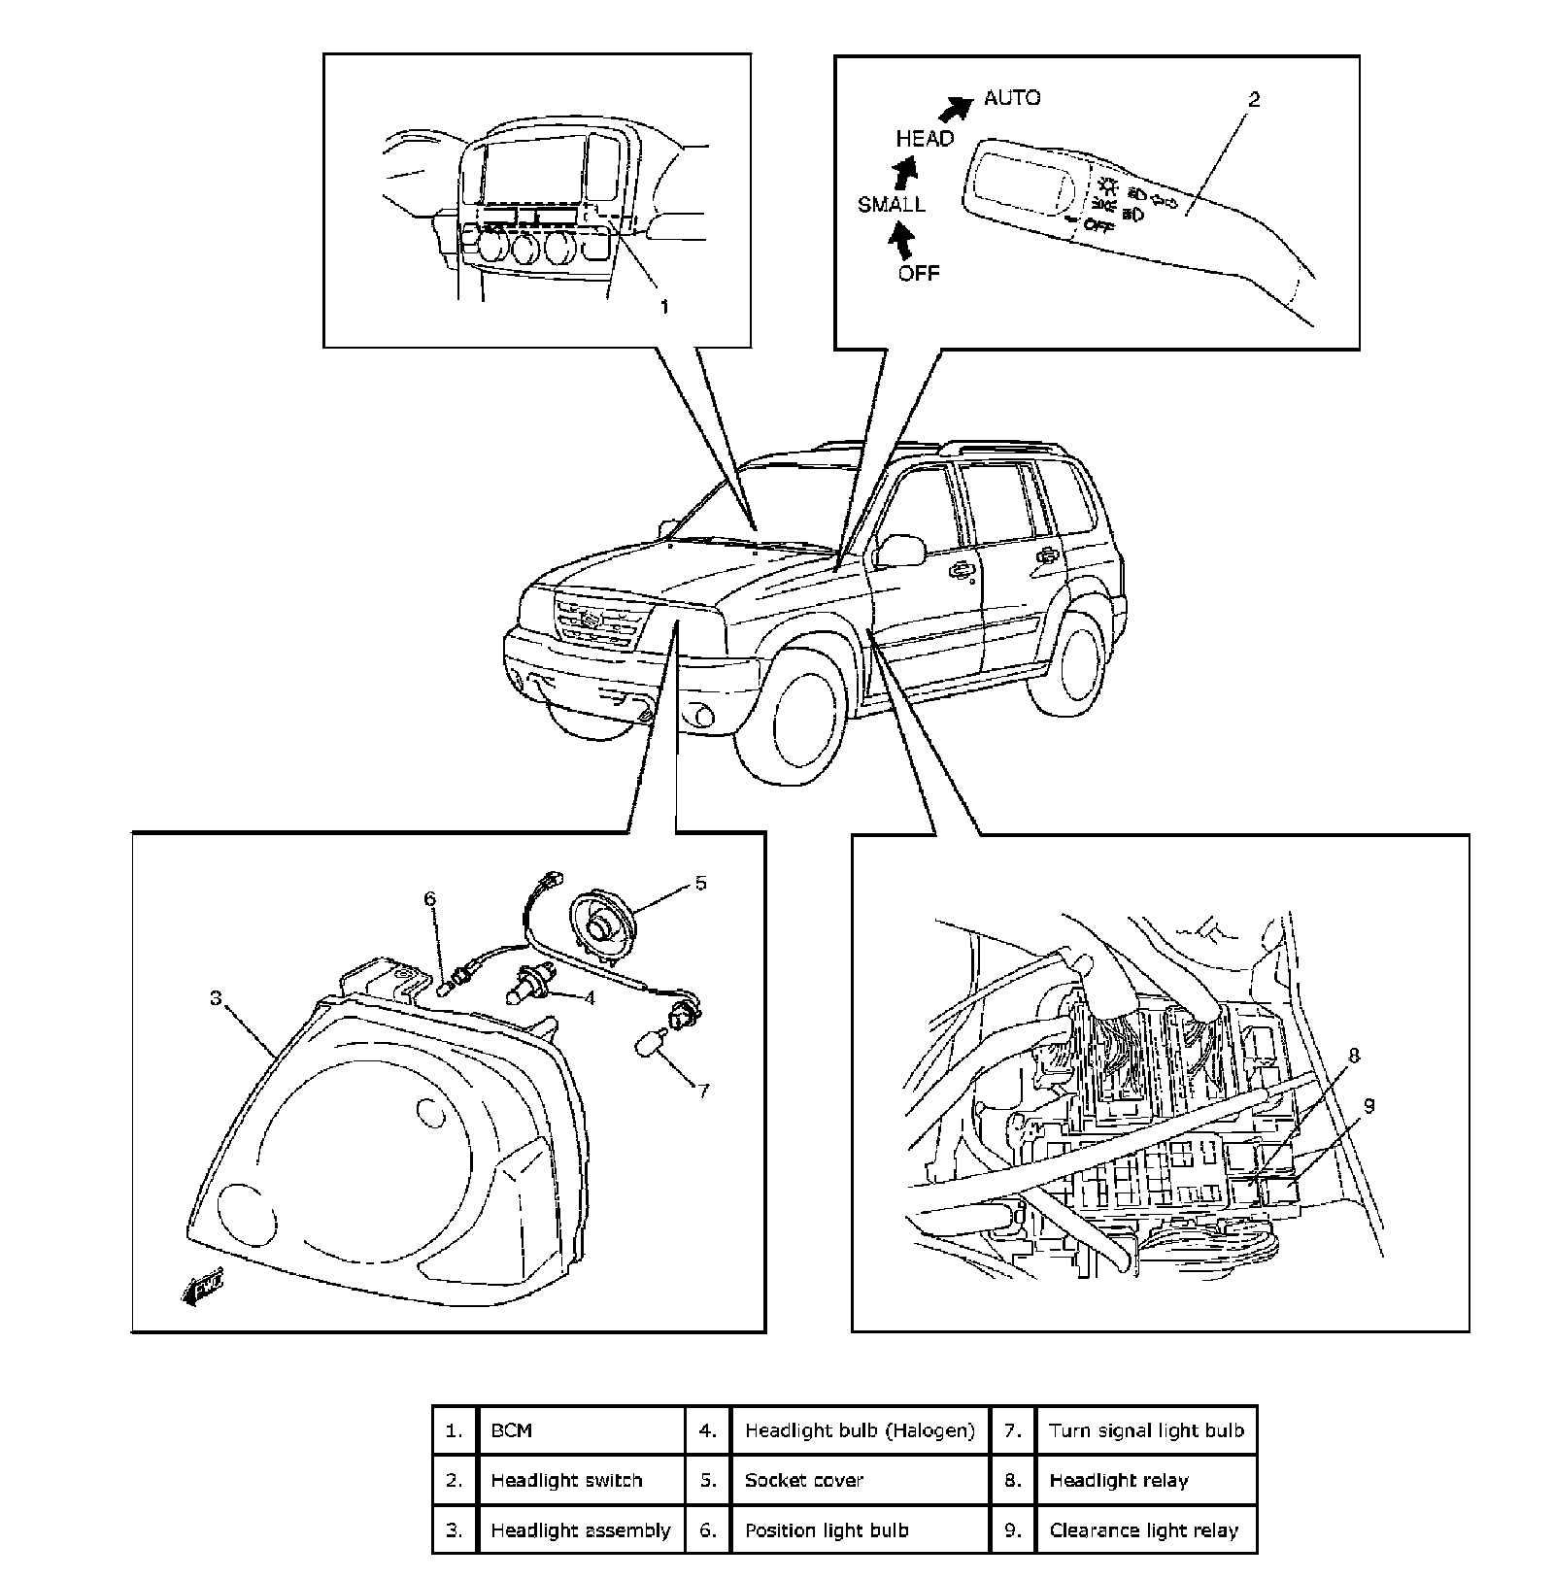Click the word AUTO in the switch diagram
pos(1012,98)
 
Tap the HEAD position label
pos(925,139)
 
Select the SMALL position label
pos(891,205)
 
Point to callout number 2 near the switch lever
pos(1254,99)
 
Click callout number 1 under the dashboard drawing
pos(664,307)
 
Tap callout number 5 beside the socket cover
pos(700,883)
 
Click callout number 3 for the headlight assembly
pos(216,997)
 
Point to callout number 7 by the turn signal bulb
pos(702,1090)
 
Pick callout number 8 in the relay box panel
pos(1354,1056)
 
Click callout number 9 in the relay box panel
pos(1368,1105)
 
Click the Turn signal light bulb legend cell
pos(1146,1429)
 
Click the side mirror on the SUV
pos(899,550)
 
